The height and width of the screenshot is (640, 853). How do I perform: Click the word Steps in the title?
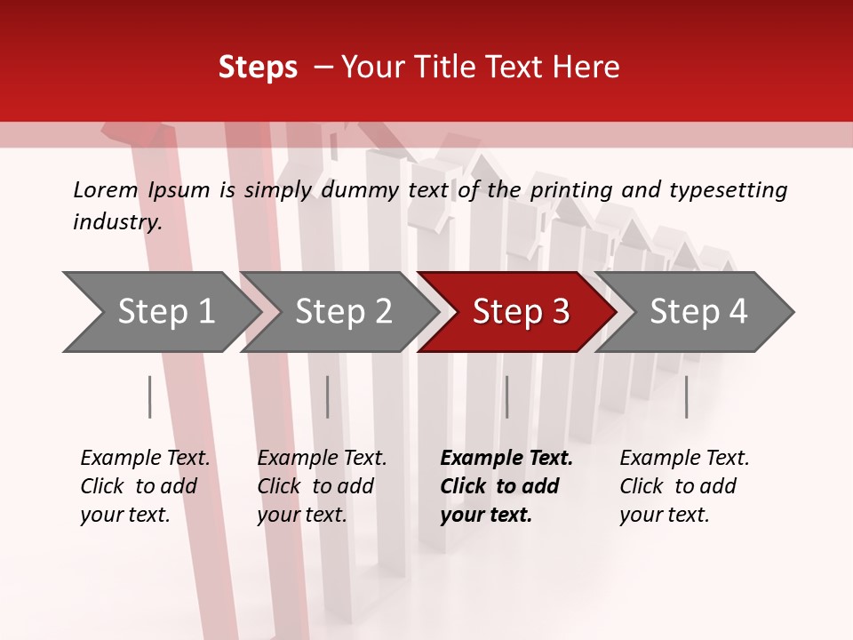click(x=258, y=68)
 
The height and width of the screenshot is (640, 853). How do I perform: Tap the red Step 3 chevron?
click(x=517, y=312)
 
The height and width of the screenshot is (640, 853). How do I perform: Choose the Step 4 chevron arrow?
click(x=695, y=312)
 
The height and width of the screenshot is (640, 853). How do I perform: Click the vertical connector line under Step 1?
click(x=150, y=396)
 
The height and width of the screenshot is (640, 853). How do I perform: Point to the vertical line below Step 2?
click(x=328, y=396)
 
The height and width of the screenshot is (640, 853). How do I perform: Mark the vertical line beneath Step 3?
click(x=506, y=396)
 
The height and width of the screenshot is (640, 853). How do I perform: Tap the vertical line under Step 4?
click(x=686, y=396)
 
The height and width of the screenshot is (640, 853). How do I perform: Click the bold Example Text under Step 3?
click(x=506, y=459)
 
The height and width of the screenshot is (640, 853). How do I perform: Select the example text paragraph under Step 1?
click(x=144, y=486)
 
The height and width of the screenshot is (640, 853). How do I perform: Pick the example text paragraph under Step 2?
click(x=321, y=486)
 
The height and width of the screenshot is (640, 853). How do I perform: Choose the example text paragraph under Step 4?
click(x=683, y=486)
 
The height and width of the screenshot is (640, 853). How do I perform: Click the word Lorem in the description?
click(x=106, y=190)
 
